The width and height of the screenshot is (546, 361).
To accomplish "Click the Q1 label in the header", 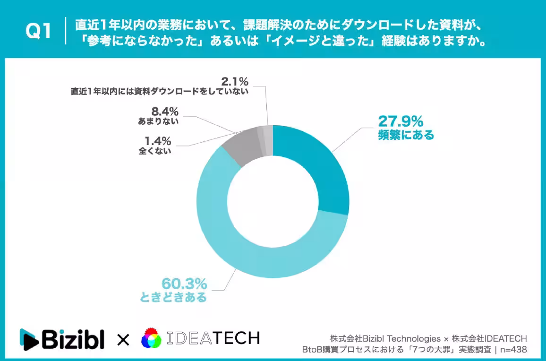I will coord(38,32).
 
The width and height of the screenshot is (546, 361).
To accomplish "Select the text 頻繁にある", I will coord(406,136).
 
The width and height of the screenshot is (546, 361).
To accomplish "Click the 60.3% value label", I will coord(184,284).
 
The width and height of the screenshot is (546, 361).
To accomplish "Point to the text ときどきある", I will coord(173,298).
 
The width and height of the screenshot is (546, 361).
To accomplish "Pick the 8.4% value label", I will coord(164,112).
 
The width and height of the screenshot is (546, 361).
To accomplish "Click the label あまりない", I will coord(158,121).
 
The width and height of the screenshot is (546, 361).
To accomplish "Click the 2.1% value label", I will coord(235,81).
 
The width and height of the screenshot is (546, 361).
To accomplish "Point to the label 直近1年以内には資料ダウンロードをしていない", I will coord(160,92).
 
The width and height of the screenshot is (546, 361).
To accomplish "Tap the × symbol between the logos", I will coord(123,339).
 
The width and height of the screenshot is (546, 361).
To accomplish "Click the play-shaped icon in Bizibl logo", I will coord(29,339).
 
